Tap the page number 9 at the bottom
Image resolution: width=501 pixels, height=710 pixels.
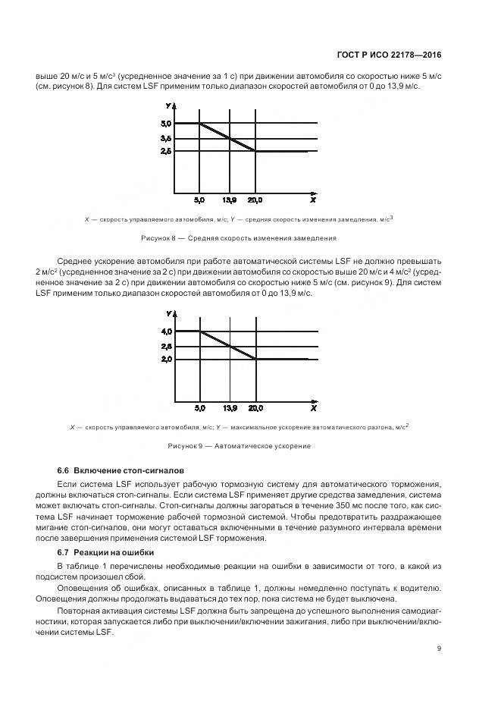pos(440,649)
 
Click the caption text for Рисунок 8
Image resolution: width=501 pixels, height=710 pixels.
pos(239,238)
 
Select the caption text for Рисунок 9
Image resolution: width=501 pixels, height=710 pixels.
pos(240,445)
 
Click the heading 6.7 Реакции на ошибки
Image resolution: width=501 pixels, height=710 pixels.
pos(105,552)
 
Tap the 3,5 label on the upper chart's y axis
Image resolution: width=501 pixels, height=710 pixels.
pos(167,138)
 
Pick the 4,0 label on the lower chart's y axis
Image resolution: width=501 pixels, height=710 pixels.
pos(167,331)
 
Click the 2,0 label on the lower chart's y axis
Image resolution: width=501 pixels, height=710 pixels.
pos(167,359)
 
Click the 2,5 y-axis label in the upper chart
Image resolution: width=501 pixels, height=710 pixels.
pos(167,152)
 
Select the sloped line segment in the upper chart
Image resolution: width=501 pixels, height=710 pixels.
pos(227,137)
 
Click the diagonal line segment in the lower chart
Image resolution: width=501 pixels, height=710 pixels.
pos(227,345)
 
